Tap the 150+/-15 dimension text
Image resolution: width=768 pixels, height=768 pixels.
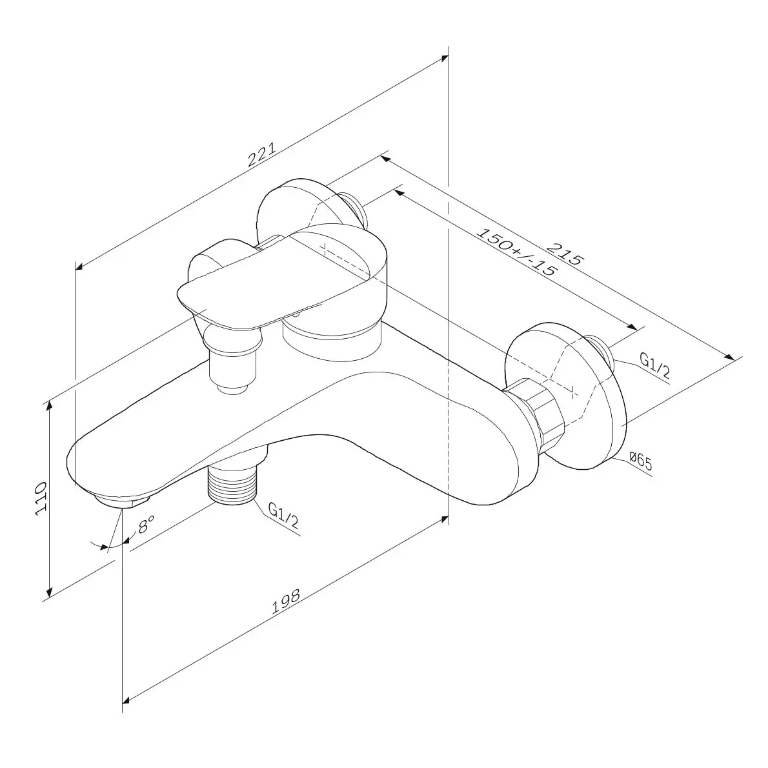coord(516,252)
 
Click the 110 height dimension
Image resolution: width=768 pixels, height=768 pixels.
coord(41,498)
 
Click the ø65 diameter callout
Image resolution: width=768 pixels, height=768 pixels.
coord(641,461)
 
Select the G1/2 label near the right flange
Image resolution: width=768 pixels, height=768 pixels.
coord(655,365)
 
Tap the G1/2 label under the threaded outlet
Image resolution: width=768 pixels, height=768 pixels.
coord(283,515)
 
